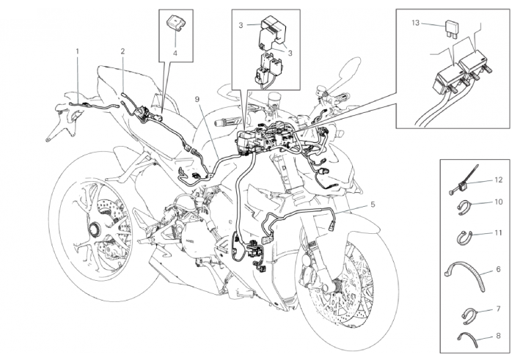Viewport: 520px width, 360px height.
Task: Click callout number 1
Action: coord(77,51)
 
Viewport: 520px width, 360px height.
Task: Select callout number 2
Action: coord(122,51)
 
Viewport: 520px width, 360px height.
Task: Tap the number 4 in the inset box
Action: coord(175,53)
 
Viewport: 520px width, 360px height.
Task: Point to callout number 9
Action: coord(197,99)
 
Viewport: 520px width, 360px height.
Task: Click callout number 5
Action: coord(373,205)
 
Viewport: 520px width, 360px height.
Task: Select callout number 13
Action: coord(416,23)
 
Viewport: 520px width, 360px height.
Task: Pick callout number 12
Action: coord(499,180)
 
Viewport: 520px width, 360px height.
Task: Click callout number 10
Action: coord(499,202)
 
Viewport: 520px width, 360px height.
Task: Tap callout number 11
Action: coord(499,233)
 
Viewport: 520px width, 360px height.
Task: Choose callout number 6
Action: coord(498,270)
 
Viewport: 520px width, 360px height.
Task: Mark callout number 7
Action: coord(498,309)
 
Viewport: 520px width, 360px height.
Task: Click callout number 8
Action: coord(498,336)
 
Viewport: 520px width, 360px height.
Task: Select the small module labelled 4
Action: coord(175,23)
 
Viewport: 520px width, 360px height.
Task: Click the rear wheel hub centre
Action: coord(94,229)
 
